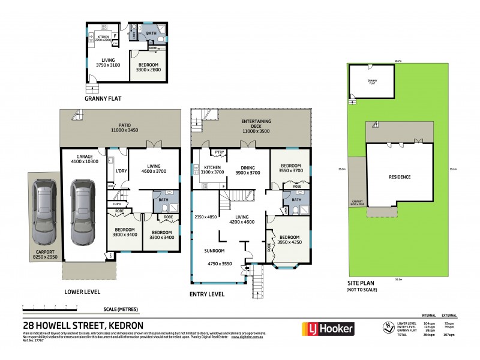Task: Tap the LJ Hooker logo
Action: (x=328, y=328)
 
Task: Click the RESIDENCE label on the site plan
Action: (x=400, y=177)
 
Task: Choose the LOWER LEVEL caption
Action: (x=82, y=292)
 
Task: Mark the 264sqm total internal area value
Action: (x=428, y=334)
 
